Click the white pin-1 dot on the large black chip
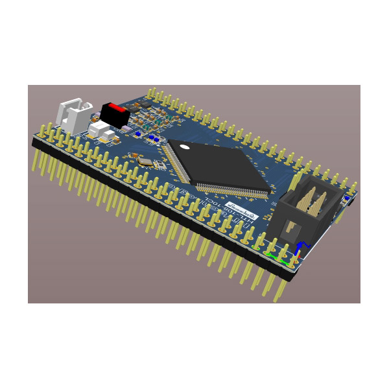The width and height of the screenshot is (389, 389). pos(186,147)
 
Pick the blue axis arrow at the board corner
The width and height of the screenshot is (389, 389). pos(299,247)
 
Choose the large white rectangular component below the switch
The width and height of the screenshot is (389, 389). pos(100,130)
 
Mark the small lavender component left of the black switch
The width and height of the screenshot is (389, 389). pos(95,117)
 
